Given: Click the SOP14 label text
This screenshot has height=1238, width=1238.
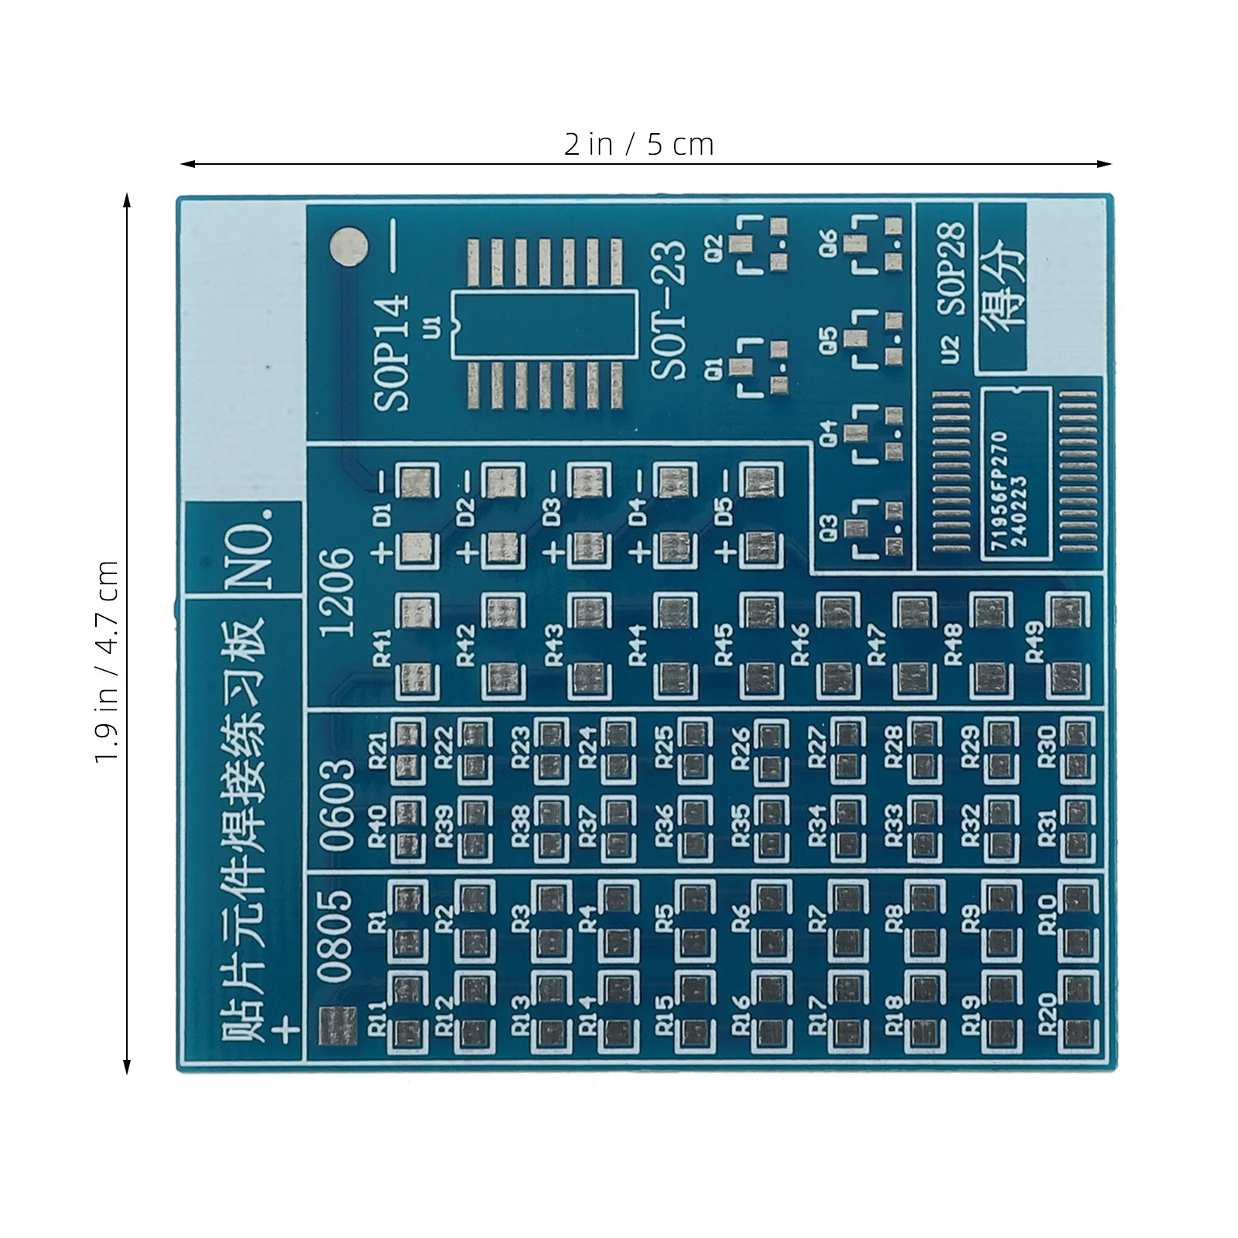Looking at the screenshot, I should pyautogui.click(x=392, y=353).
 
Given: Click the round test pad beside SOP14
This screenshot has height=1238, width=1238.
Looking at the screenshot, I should pyautogui.click(x=348, y=247).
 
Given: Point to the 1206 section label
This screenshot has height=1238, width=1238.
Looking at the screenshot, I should pyautogui.click(x=338, y=592).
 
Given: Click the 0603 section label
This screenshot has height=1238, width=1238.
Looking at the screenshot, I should pyautogui.click(x=338, y=805).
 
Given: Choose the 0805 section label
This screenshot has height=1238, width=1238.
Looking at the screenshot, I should pyautogui.click(x=338, y=936).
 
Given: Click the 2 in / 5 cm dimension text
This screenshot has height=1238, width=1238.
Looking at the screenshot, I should pyautogui.click(x=639, y=145).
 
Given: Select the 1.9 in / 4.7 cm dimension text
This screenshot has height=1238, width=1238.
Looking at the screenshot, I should pyautogui.click(x=107, y=662).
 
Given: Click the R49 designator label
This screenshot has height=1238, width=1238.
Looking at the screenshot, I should pyautogui.click(x=1035, y=641).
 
